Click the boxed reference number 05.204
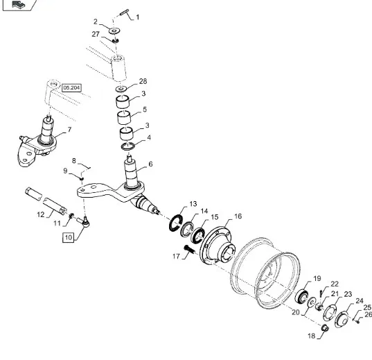[71, 88]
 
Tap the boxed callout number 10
[69, 237]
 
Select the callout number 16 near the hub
[238, 216]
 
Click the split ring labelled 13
[175, 223]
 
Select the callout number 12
[41, 214]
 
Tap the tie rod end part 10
[84, 221]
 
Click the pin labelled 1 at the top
[124, 12]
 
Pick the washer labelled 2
[114, 31]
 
